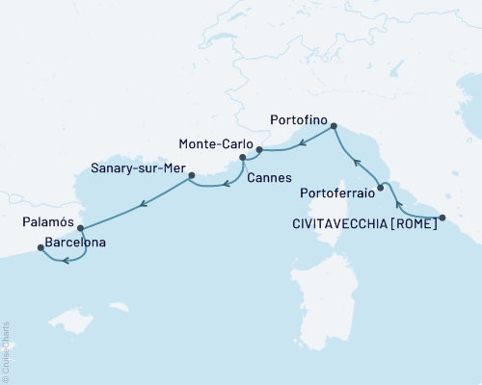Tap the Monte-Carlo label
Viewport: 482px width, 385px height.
tap(217, 143)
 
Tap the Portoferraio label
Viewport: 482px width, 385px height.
tap(334, 191)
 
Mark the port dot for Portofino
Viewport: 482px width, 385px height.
tap(334, 126)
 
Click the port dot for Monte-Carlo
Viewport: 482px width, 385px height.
tap(259, 150)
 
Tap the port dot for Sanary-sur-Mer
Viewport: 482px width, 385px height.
tap(191, 175)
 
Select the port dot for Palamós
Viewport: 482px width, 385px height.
tap(80, 228)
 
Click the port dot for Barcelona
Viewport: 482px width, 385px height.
tap(40, 247)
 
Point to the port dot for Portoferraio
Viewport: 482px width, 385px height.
tap(381, 189)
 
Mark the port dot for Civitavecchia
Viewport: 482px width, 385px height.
tap(442, 218)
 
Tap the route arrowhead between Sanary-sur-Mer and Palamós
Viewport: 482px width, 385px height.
tap(143, 202)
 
